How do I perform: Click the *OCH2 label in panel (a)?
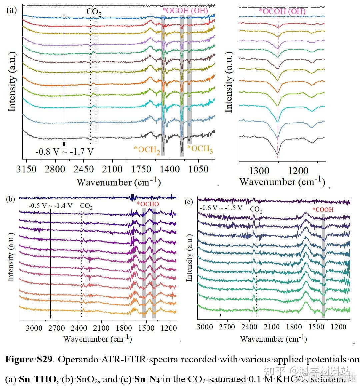147,150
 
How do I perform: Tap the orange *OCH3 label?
200,149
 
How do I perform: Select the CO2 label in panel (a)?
94,12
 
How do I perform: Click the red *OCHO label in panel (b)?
148,204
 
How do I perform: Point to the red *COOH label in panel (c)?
323,210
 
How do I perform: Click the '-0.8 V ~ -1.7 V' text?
65,152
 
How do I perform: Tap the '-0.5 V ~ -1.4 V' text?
50,205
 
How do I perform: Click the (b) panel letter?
11,199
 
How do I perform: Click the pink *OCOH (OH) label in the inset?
282,11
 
